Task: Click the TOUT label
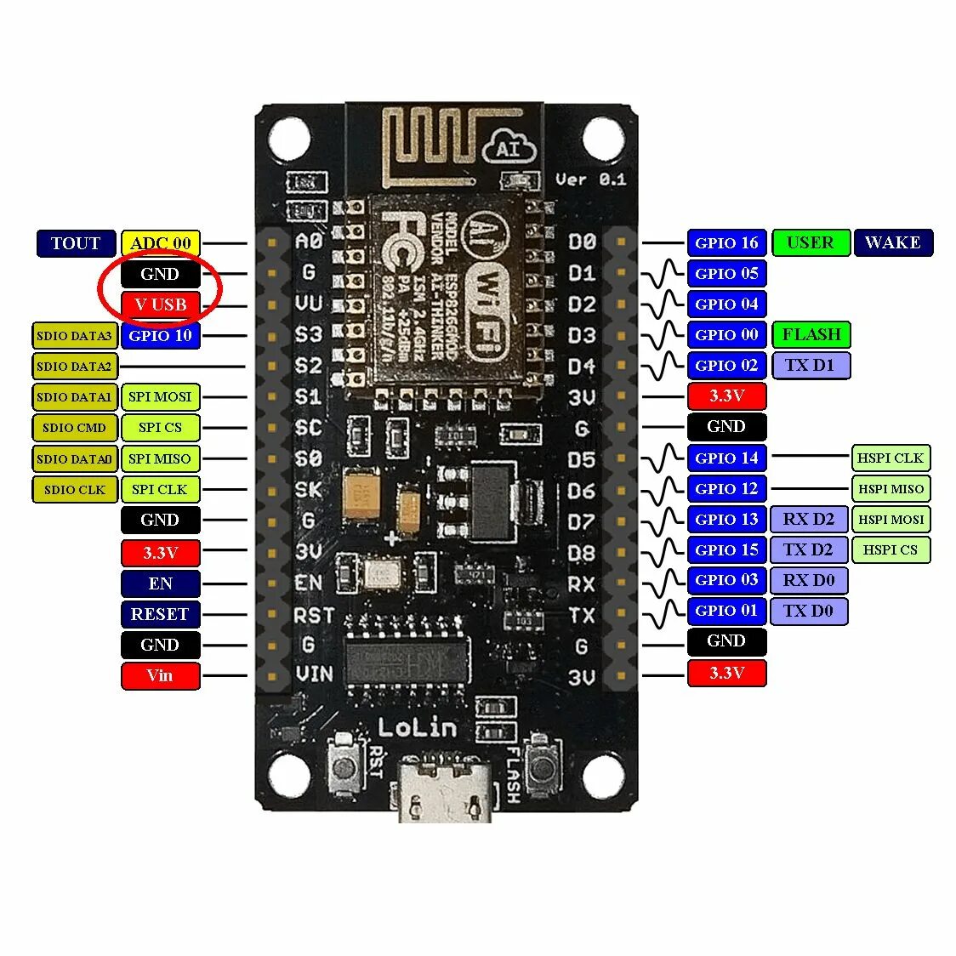75,243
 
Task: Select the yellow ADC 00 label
161,243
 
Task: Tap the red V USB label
161,304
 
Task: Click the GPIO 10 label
161,335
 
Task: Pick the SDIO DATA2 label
74,367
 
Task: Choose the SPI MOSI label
160,397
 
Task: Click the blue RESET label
160,614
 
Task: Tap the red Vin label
160,675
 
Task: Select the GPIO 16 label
726,242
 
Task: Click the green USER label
811,242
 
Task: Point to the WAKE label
893,242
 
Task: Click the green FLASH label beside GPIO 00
811,334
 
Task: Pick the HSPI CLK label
891,458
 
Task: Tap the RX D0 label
809,580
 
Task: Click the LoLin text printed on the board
417,727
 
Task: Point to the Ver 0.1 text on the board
590,179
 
